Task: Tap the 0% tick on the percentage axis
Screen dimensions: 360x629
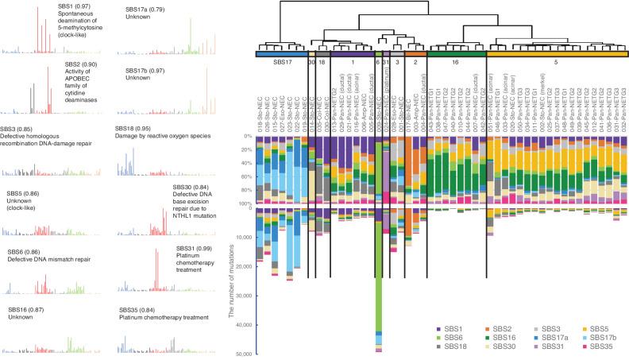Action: pyautogui.click(x=245, y=136)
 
